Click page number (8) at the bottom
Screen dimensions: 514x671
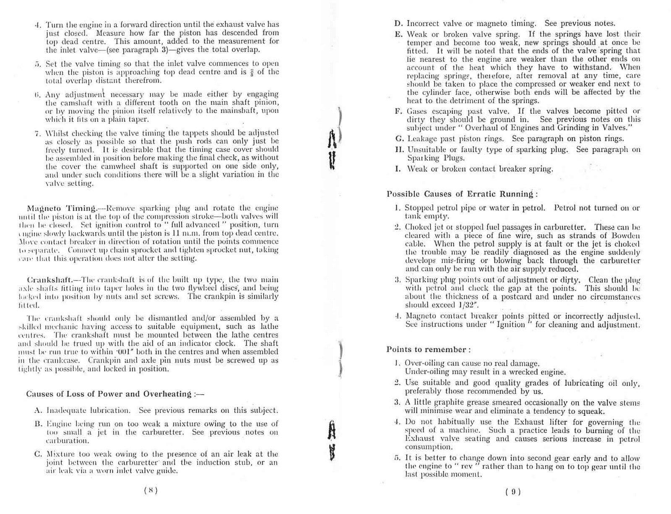pos(151,491)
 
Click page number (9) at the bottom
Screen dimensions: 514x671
pos(512,491)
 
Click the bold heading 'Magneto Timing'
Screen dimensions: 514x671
pos(61,208)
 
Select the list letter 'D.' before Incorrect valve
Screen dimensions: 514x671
pos(399,24)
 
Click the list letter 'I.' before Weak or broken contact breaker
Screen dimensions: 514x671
pos(398,169)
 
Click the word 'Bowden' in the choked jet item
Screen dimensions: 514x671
pos(627,236)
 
